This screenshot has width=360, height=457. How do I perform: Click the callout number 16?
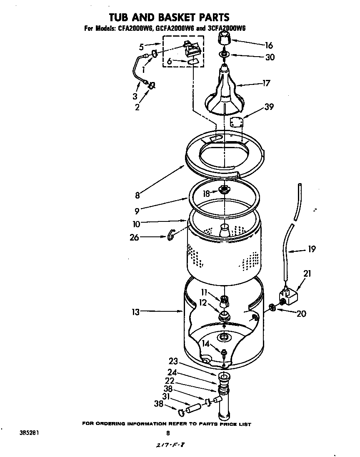269,45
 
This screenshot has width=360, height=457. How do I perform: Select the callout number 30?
270,57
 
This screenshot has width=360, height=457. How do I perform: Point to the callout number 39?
269,107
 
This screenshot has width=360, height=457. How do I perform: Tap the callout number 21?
307,273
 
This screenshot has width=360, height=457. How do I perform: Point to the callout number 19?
311,249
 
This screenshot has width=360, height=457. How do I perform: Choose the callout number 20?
301,313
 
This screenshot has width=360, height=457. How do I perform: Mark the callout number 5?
142,46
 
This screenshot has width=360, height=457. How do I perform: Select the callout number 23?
173,361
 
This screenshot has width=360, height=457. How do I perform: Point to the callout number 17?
265,83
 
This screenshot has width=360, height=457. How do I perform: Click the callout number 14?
206,344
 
